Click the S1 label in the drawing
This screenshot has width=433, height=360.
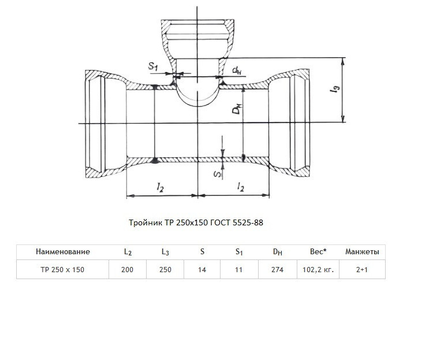[153, 66]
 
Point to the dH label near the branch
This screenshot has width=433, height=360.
[237, 70]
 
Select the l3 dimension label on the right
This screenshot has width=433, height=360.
[335, 88]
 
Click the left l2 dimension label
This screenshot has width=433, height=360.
[160, 187]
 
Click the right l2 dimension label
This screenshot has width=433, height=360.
[241, 187]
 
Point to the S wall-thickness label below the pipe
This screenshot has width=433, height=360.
[218, 174]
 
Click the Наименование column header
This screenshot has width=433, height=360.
[63, 251]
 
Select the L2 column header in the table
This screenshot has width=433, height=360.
[128, 252]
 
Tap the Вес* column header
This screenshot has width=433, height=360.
[318, 251]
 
